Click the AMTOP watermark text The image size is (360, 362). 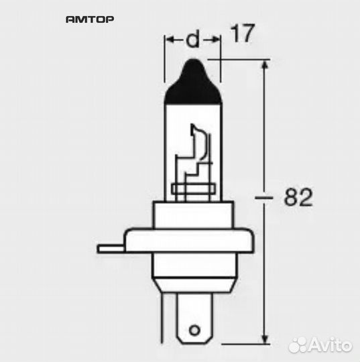click(x=89, y=20)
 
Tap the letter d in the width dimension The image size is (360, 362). click(x=192, y=40)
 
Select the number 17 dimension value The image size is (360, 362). click(x=243, y=35)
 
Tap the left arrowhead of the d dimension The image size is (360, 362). click(x=170, y=40)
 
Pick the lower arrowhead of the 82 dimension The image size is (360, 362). click(x=267, y=335)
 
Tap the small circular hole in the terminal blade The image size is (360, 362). click(x=194, y=330)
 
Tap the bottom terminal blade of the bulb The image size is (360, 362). click(x=194, y=322)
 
